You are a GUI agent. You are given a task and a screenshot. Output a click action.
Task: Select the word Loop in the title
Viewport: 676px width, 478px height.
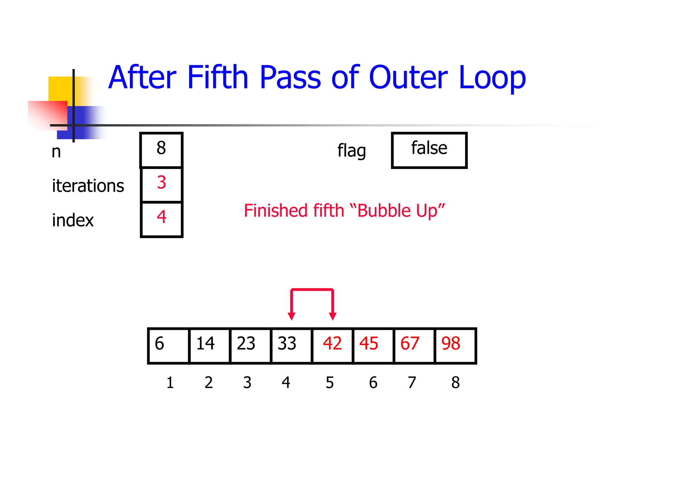(x=492, y=78)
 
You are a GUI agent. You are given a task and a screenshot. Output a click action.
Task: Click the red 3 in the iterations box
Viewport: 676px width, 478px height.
(x=161, y=183)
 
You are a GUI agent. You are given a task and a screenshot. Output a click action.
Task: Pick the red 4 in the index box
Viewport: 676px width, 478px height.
(x=161, y=217)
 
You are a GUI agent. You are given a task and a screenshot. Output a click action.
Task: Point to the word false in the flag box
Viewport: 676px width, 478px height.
(x=429, y=148)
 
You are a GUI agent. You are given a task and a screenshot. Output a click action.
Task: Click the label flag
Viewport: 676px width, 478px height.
(x=352, y=151)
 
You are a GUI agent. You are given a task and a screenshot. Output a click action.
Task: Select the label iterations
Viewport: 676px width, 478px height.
(x=88, y=186)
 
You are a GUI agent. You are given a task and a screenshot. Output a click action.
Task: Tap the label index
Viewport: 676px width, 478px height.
(x=73, y=220)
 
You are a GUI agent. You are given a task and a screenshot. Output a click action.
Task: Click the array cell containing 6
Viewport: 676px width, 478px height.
(x=168, y=345)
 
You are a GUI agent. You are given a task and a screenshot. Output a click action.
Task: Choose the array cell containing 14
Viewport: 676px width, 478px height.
(x=209, y=345)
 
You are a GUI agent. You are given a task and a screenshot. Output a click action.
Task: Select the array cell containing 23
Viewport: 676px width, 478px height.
(x=250, y=345)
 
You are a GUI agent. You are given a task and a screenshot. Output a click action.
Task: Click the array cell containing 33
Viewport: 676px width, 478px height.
(x=291, y=345)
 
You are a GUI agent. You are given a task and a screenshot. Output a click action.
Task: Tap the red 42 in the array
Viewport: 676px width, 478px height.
(x=332, y=344)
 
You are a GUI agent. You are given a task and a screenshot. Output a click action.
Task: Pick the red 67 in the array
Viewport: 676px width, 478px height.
(x=410, y=344)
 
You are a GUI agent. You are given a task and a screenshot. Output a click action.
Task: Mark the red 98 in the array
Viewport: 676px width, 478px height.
(x=451, y=344)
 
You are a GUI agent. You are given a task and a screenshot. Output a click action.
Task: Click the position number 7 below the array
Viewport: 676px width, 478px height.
(x=412, y=383)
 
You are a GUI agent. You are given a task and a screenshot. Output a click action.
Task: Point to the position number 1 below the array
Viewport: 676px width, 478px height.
(x=170, y=383)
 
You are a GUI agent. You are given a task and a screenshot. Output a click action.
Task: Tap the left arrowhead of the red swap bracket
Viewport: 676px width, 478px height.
(x=291, y=316)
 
